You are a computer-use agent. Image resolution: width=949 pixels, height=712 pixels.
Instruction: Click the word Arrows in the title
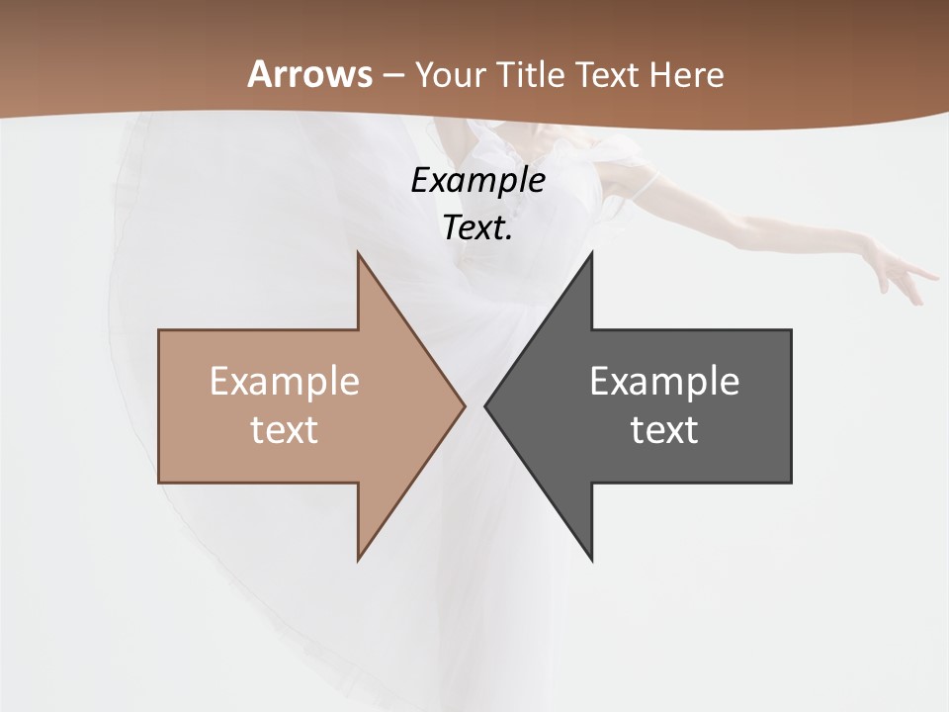click(x=309, y=74)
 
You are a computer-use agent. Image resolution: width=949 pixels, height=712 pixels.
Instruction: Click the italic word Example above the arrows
click(x=477, y=181)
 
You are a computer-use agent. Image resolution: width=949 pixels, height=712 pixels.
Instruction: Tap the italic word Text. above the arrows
click(x=477, y=227)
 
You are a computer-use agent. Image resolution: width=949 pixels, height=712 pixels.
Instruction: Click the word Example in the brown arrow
click(x=285, y=382)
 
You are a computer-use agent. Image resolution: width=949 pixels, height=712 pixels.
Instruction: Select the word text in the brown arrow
click(x=285, y=430)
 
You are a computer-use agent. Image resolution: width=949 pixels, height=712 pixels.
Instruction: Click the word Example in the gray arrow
click(x=664, y=382)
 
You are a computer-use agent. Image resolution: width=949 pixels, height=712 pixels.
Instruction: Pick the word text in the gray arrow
click(x=664, y=430)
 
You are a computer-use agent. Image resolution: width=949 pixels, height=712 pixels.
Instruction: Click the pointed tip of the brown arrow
click(x=464, y=405)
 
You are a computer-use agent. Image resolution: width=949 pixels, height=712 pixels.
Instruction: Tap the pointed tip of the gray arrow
click(x=485, y=405)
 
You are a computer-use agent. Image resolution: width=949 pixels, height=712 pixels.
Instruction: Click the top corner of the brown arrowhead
click(x=358, y=254)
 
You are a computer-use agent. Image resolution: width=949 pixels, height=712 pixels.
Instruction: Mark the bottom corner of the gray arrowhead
click(x=591, y=560)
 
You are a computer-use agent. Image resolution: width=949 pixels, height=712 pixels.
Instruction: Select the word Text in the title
click(x=611, y=75)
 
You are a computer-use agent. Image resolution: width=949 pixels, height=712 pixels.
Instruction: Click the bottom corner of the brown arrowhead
click(x=358, y=560)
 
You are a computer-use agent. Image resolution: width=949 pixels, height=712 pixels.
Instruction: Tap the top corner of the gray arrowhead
click(x=591, y=254)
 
